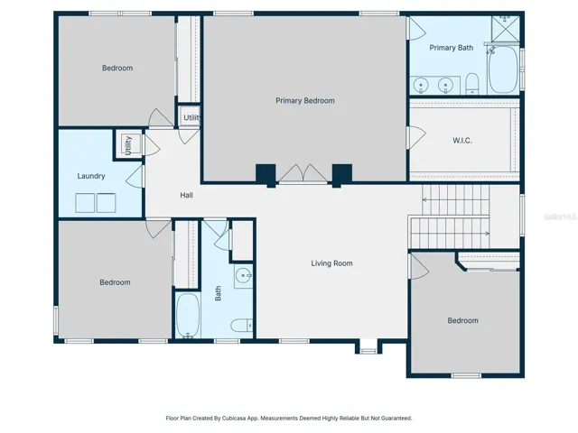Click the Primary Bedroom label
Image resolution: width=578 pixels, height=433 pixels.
click(305, 100)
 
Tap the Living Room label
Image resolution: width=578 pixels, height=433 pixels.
click(331, 263)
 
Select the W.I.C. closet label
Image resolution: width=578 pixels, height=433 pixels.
click(462, 141)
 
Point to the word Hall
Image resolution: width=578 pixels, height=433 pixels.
click(187, 195)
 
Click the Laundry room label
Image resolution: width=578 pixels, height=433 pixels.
click(91, 176)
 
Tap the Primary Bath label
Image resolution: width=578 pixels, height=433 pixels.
click(452, 48)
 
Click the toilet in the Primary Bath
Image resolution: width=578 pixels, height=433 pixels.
click(472, 84)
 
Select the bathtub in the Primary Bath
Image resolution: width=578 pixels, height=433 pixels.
click(503, 69)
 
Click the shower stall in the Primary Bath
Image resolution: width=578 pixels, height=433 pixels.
click(506, 29)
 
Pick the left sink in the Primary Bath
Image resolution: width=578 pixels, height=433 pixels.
click(421, 87)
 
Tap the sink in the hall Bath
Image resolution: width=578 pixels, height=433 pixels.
click(244, 275)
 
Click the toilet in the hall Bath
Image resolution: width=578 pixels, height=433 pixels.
click(242, 326)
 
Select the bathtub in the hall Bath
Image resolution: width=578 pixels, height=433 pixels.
click(188, 316)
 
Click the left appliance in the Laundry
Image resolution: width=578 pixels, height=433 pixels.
click(85, 203)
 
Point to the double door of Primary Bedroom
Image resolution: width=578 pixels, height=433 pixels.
click(303, 173)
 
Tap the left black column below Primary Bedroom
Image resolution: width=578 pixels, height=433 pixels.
click(266, 175)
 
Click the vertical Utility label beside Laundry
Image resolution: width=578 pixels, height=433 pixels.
click(128, 145)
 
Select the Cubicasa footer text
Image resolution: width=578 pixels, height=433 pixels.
click(289, 419)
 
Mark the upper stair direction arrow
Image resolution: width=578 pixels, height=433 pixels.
click(455, 200)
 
